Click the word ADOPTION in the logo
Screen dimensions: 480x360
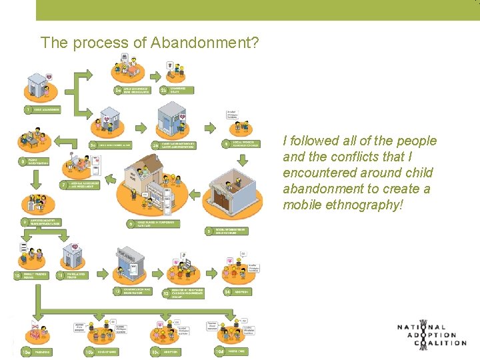(x=433, y=335)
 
